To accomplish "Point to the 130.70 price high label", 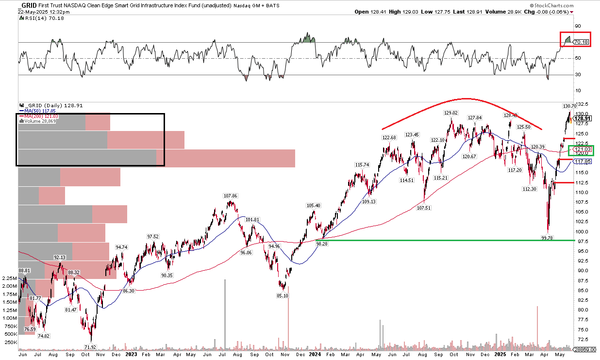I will click(x=569, y=106).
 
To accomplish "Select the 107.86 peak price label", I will click(x=230, y=196).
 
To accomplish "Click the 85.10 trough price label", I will click(x=282, y=295).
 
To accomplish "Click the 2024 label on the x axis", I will click(x=315, y=355).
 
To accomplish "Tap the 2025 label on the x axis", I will click(x=500, y=355).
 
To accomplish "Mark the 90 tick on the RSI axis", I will click(x=578, y=26).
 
